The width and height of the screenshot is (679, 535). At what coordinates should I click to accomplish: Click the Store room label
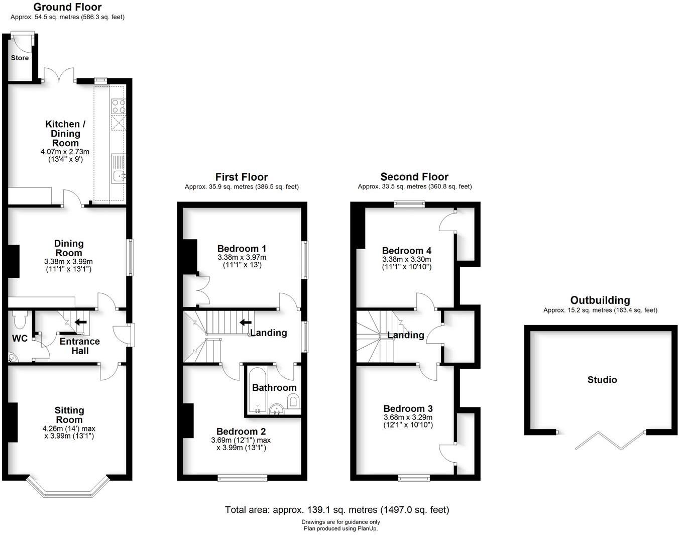20,58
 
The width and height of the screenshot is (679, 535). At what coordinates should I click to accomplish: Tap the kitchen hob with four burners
119,106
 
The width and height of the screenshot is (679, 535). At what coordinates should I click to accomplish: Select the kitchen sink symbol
119,175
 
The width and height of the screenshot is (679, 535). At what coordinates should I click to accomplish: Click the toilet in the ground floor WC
21,318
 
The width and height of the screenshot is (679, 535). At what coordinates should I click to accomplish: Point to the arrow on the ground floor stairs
80,322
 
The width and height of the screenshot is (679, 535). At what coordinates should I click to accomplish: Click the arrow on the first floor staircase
246,322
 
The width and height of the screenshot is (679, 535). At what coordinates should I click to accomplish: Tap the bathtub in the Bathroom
256,390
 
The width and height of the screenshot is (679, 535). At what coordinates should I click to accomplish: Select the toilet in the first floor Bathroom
294,401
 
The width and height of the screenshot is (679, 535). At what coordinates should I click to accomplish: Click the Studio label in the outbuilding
602,380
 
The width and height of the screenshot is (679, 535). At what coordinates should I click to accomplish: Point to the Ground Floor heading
67,7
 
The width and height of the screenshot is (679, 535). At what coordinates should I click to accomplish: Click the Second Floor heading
414,177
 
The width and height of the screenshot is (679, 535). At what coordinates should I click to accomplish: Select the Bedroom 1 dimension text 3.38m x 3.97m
242,257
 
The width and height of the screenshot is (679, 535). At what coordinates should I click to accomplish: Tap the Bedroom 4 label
406,251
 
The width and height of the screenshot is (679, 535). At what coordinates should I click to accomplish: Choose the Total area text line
337,510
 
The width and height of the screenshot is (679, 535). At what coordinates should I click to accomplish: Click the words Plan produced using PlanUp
340,528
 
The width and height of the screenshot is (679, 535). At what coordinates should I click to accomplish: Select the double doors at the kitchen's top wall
59,76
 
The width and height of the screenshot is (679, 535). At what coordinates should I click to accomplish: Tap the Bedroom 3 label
408,409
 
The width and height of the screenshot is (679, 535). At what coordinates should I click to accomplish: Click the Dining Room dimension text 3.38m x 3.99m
68,262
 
